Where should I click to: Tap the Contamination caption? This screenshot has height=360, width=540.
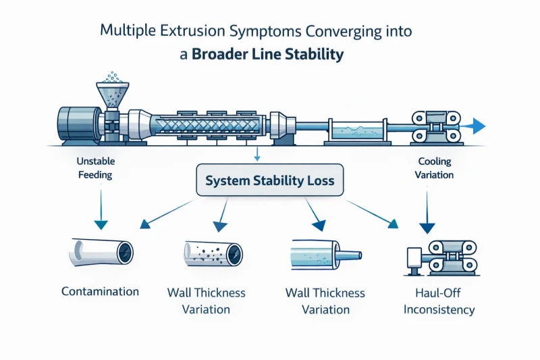pos(100,292)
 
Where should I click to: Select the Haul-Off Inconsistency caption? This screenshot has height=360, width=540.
pos(436,302)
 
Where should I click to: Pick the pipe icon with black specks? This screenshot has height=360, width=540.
pos(213,254)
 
